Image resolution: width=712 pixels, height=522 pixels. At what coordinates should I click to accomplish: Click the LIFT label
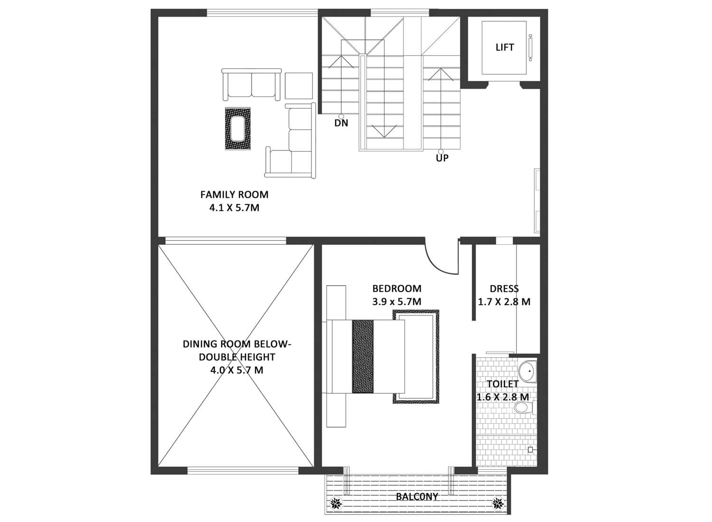tap(505, 47)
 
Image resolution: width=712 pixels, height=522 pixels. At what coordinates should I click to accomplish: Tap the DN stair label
tap(341, 122)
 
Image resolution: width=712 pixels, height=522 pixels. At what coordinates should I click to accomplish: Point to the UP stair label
tap(442, 158)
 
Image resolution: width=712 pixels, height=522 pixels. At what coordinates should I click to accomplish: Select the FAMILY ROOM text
tap(234, 195)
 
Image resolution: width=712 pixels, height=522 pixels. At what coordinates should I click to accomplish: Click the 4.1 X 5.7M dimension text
tap(234, 208)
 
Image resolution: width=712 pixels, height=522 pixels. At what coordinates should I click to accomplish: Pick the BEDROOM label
tap(397, 289)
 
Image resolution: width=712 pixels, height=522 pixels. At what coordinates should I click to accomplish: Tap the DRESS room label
tap(504, 289)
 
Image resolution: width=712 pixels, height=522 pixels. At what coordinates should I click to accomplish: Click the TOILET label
tap(503, 384)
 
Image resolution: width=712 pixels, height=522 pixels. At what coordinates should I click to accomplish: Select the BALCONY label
tap(417, 496)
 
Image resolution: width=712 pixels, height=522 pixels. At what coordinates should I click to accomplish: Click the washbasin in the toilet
tap(527, 371)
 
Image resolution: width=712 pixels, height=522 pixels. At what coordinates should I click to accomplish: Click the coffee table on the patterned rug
tap(238, 129)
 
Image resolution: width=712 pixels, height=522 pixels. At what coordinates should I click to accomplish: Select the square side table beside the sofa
tap(299, 86)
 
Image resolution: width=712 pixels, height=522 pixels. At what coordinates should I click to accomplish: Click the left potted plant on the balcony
tap(336, 503)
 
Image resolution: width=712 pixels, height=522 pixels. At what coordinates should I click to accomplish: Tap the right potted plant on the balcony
tap(498, 503)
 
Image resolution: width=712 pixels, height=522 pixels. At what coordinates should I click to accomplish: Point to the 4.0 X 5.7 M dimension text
tap(236, 370)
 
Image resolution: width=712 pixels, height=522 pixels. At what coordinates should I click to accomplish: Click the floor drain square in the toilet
tap(530, 449)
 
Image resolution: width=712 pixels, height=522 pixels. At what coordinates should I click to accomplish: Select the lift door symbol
tap(530, 47)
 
